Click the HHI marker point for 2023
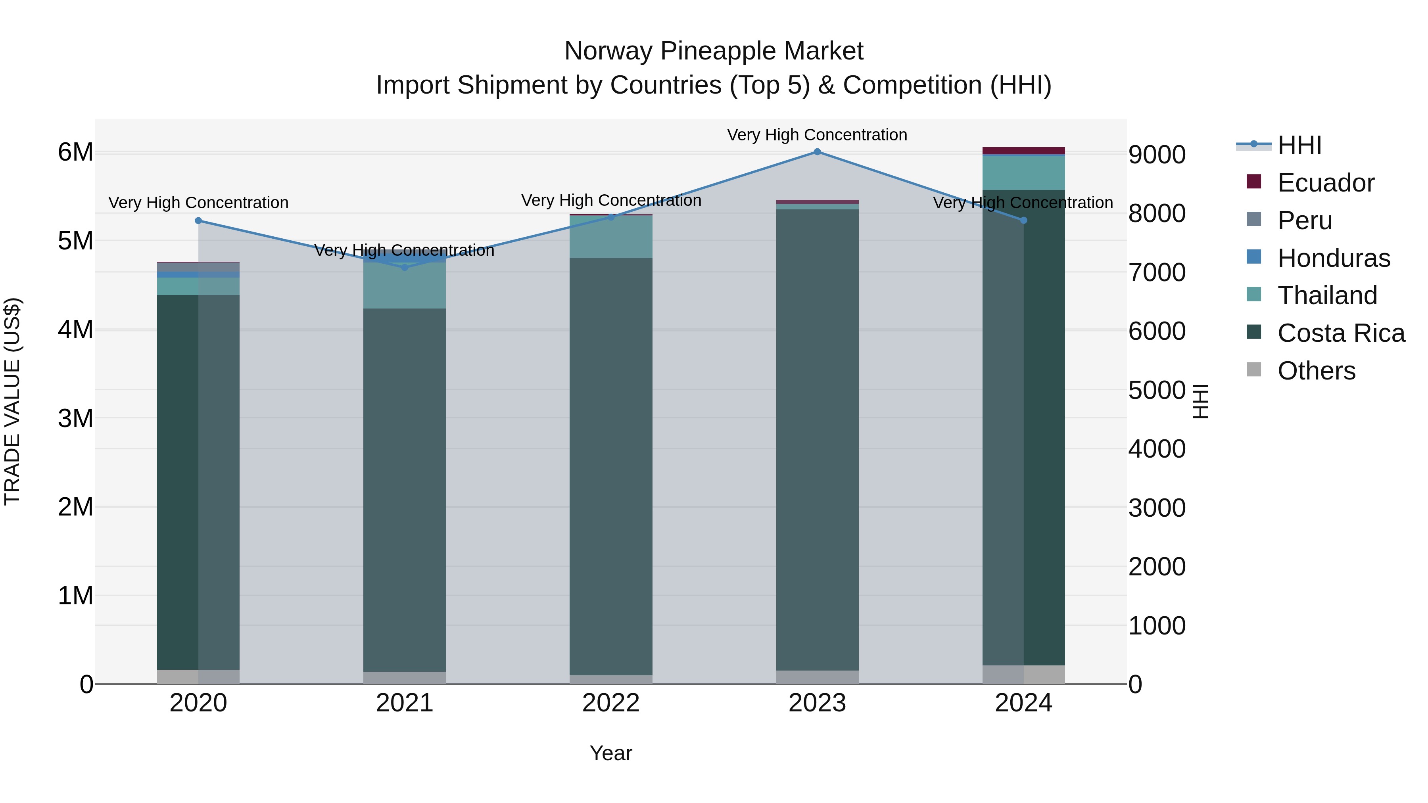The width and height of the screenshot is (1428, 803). pyautogui.click(x=817, y=152)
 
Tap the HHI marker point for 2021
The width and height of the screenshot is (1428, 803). pyautogui.click(x=405, y=267)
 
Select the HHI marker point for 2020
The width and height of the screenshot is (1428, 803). pyautogui.click(x=198, y=220)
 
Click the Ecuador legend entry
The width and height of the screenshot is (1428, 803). pyautogui.click(x=1325, y=183)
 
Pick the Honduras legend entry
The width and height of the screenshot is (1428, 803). pyautogui.click(x=1333, y=258)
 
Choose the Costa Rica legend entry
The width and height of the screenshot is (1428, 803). pyautogui.click(x=1340, y=333)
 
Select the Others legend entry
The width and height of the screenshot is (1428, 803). pyautogui.click(x=1316, y=371)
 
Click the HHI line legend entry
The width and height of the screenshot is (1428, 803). pyautogui.click(x=1299, y=145)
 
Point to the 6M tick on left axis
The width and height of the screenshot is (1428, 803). pyautogui.click(x=75, y=152)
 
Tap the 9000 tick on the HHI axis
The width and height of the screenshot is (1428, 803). pyautogui.click(x=1157, y=155)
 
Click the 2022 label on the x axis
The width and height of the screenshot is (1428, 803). pyautogui.click(x=611, y=703)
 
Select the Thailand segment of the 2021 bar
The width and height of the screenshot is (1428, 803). pyautogui.click(x=405, y=286)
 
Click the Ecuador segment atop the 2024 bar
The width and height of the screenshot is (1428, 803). pyautogui.click(x=1023, y=151)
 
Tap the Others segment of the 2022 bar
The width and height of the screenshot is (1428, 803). pyautogui.click(x=611, y=679)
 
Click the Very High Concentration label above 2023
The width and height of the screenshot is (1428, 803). pyautogui.click(x=817, y=135)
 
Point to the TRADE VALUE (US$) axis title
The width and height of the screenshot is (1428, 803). pyautogui.click(x=12, y=401)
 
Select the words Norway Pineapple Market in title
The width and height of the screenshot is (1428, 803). pyautogui.click(x=714, y=51)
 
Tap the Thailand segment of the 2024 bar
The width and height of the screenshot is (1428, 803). pyautogui.click(x=1023, y=173)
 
